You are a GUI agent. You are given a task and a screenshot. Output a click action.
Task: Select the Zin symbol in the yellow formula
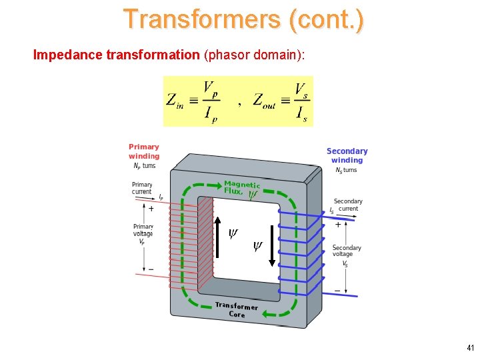(x=175, y=101)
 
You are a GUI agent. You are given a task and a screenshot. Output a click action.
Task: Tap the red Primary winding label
(x=144, y=151)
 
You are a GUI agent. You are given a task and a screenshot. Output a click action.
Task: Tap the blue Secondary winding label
(x=347, y=155)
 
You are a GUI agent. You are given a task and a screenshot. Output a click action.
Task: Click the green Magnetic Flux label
(x=241, y=187)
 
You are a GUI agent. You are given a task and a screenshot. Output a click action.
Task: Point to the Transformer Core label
(x=237, y=309)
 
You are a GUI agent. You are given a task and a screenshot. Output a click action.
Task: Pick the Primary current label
(x=142, y=188)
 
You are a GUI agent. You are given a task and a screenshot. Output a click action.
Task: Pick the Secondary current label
(x=348, y=205)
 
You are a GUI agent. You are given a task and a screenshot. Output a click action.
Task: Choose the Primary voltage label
(x=143, y=230)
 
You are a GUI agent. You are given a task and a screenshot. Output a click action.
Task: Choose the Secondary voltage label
(x=347, y=251)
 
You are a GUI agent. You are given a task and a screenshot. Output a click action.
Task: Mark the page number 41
(x=471, y=347)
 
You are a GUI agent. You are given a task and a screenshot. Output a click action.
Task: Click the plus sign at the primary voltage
(x=151, y=209)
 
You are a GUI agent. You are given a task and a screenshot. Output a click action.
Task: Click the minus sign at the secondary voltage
(x=337, y=290)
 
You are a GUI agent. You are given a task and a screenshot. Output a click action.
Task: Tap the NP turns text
(x=144, y=166)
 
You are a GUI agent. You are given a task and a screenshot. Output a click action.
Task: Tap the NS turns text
(x=346, y=170)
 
